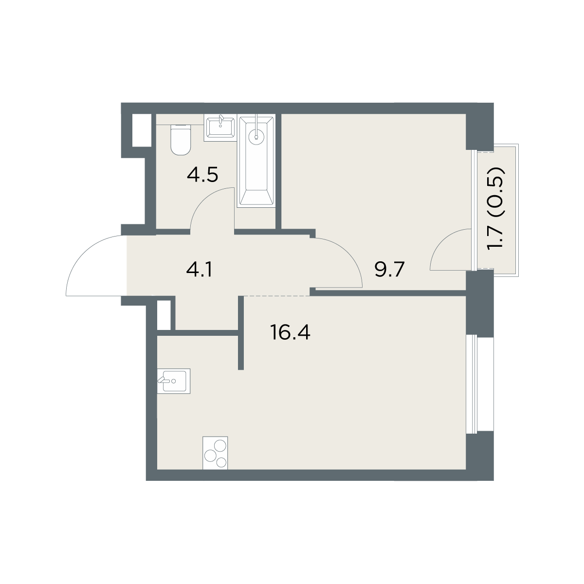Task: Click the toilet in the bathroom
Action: click(181, 140)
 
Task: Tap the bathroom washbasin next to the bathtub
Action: click(220, 128)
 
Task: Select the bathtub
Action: click(256, 161)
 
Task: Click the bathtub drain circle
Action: click(256, 137)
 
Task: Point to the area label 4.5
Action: click(202, 175)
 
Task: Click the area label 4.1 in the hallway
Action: click(199, 270)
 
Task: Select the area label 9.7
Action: click(390, 270)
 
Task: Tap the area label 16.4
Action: click(290, 332)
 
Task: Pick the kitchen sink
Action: click(174, 381)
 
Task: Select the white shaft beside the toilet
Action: click(142, 130)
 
